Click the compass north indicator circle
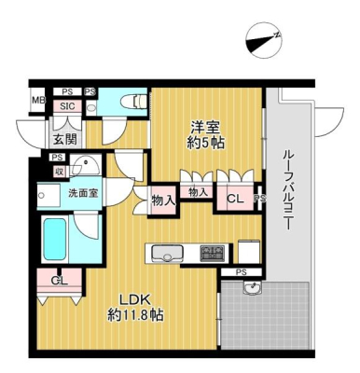[264, 40]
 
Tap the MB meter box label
[39, 101]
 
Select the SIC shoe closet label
[67, 106]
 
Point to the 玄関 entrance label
[64, 139]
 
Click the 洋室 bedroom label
[205, 127]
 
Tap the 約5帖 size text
[205, 143]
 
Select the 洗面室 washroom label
[83, 193]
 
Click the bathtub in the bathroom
[55, 239]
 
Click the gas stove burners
[213, 252]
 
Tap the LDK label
[135, 299]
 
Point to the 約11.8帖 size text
[135, 315]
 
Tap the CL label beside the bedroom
[235, 199]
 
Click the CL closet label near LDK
[59, 281]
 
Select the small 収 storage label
[59, 172]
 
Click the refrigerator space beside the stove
[249, 251]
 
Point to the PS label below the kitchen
[241, 272]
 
